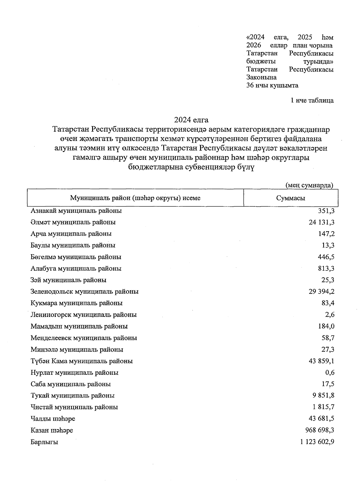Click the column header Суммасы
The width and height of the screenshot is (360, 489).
tap(290, 198)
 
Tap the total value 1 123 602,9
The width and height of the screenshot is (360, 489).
tap(317, 442)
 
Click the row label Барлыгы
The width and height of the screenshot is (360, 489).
tap(44, 442)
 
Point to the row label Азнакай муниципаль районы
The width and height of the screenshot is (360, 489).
tap(76, 211)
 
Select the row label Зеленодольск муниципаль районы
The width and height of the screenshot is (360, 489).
tap(84, 291)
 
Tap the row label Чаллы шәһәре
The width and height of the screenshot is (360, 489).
tap(53, 419)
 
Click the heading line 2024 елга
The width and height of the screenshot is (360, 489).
tap(191, 120)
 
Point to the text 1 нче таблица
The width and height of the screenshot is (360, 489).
tap(312, 100)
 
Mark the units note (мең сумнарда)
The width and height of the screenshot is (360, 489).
tap(309, 185)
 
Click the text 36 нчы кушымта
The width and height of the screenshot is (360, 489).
tap(272, 85)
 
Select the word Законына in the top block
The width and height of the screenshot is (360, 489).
tap(261, 77)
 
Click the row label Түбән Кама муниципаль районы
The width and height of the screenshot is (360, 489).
tap(82, 361)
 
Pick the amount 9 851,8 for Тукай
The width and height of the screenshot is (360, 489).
tap(323, 395)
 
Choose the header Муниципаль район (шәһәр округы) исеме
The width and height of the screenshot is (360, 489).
tap(135, 198)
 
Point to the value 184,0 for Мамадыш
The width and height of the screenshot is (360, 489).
tap(326, 326)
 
